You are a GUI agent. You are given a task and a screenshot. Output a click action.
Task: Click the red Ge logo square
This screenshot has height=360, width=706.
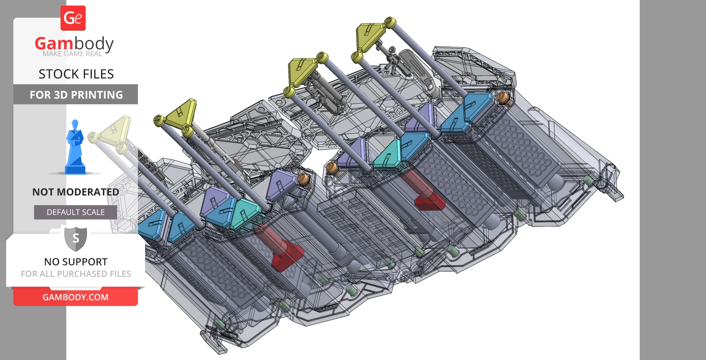(x=73, y=18)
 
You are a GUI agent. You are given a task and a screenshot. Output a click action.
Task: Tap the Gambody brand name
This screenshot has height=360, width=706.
(x=74, y=44)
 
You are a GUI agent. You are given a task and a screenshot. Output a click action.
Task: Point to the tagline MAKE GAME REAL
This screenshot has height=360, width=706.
(x=72, y=54)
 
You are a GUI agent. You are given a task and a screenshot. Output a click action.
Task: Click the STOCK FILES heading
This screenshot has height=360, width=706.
(x=76, y=74)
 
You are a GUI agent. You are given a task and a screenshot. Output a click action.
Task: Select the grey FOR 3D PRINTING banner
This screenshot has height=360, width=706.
(x=76, y=94)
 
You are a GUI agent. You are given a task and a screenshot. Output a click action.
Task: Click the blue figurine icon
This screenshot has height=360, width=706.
(x=75, y=147)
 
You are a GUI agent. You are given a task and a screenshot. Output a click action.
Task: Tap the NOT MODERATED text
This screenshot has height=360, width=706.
(x=76, y=192)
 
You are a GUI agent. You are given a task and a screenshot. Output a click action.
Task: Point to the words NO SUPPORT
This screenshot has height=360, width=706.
(x=76, y=262)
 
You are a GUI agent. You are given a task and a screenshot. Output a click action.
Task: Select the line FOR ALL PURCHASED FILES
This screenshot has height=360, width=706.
(x=76, y=274)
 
